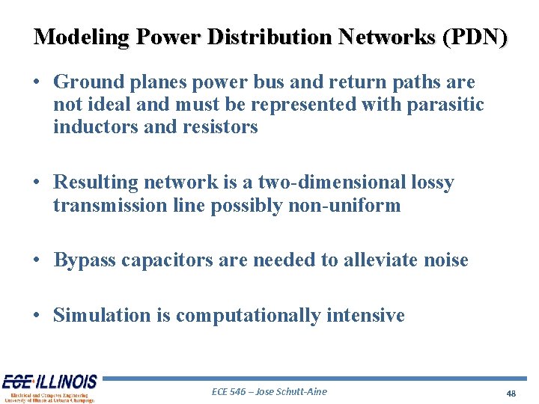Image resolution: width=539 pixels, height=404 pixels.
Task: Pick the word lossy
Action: (434, 183)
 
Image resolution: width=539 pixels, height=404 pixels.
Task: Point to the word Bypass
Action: (85, 260)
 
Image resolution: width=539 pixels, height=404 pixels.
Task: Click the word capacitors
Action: (165, 260)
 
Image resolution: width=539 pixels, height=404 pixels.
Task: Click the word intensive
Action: (365, 316)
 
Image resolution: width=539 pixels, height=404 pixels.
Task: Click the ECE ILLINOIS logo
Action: (49, 388)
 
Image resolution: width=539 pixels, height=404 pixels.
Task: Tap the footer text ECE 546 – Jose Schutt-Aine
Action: (269, 391)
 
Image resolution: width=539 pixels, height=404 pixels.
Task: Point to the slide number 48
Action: (511, 393)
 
